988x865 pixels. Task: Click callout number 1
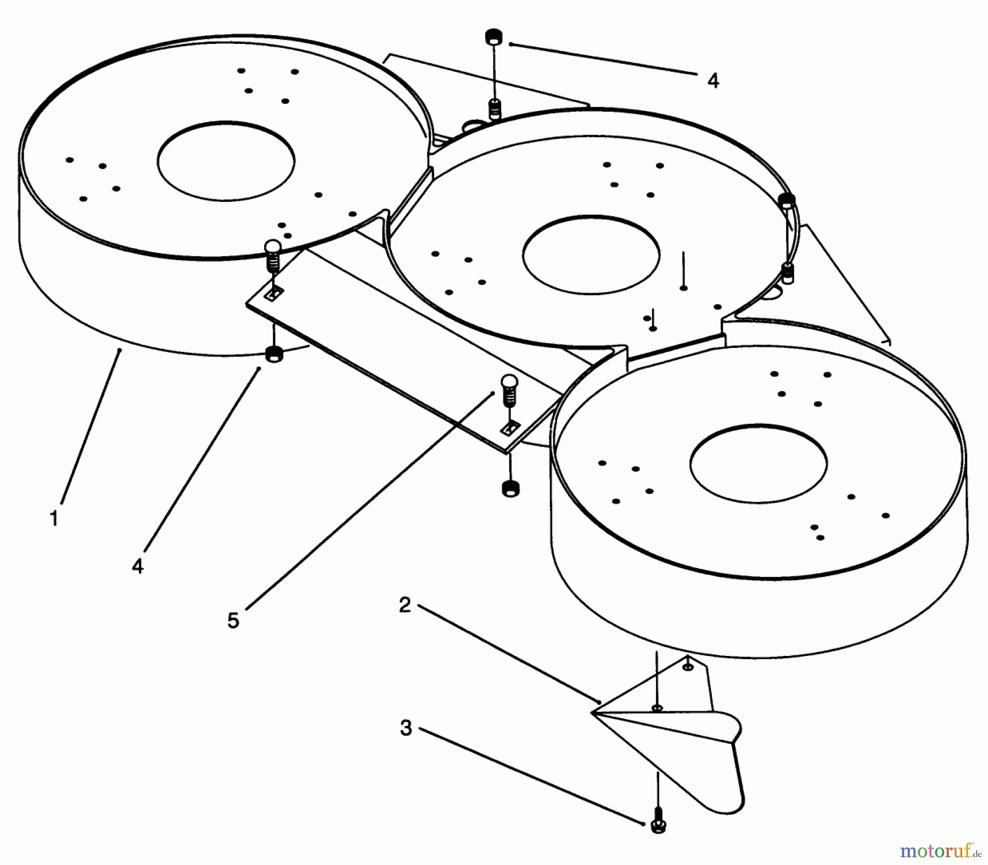pos(54,518)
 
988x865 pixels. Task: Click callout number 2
pos(405,606)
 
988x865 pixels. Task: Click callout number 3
pos(406,728)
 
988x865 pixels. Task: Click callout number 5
pos(233,621)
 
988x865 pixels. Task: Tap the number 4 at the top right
pos(712,81)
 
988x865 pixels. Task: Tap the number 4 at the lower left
pos(138,566)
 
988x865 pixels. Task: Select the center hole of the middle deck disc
pos(591,254)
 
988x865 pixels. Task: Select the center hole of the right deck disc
pos(758,464)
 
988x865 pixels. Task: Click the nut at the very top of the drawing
pos(494,37)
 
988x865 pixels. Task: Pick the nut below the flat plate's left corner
pos(273,355)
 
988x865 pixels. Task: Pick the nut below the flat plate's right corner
pos(510,487)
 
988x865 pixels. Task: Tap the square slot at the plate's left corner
pos(273,294)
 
